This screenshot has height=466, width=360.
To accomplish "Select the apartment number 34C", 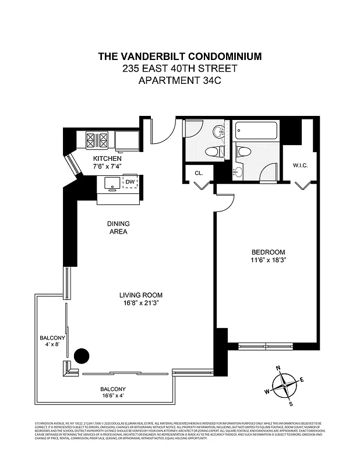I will click(x=206, y=80).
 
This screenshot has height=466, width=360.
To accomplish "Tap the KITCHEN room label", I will click(x=107, y=158).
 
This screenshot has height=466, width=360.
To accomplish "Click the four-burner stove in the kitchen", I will click(x=97, y=140).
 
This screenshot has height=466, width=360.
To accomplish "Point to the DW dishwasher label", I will click(x=129, y=182).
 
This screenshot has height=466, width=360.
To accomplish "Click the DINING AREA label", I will click(x=118, y=228).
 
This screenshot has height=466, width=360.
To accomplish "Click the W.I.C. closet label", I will click(x=300, y=166).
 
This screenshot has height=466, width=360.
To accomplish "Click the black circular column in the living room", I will click(x=82, y=355).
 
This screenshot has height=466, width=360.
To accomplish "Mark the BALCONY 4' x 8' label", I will click(x=52, y=341).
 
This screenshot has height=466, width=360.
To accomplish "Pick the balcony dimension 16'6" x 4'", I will click(x=112, y=396).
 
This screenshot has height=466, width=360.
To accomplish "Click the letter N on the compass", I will click(x=278, y=368).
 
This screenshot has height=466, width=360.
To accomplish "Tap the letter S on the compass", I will click(x=291, y=404).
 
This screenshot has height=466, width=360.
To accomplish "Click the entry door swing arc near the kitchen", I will click(x=163, y=132).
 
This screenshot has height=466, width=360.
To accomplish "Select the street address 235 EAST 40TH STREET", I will click(x=179, y=68).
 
